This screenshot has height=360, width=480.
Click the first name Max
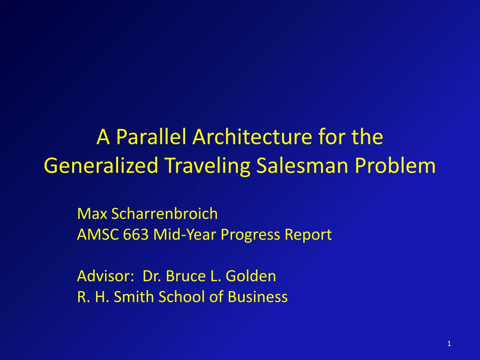coord(93,214)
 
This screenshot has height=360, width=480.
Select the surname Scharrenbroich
coord(165,214)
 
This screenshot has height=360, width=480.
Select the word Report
coord(310,234)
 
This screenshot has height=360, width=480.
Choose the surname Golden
coord(251,276)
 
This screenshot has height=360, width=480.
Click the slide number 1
coord(449,345)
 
